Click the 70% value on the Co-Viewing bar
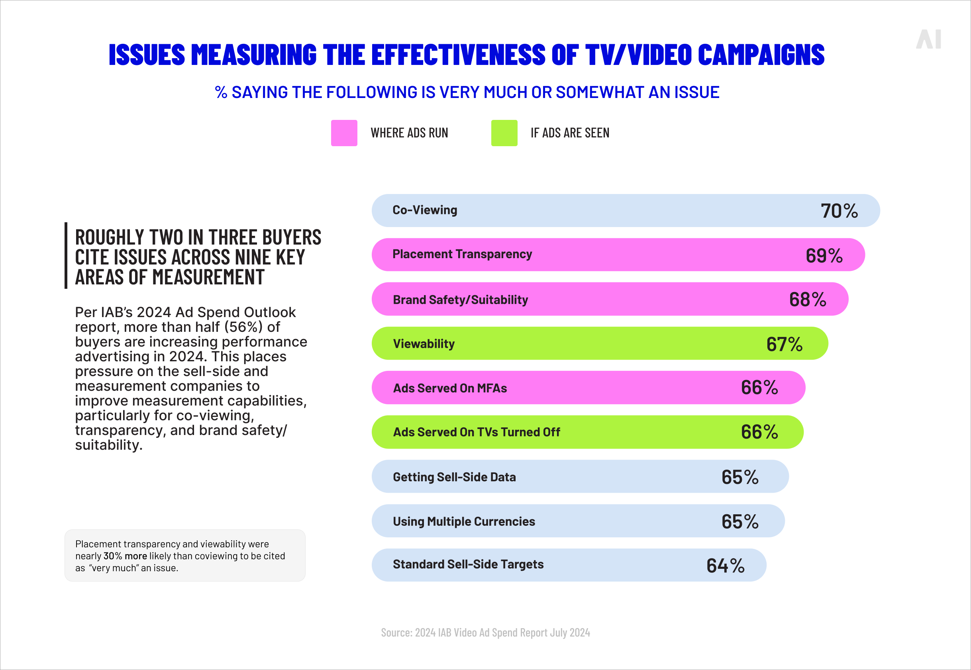tap(839, 211)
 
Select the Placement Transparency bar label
tap(462, 255)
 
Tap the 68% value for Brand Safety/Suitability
tap(807, 299)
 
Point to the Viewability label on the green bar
tap(424, 344)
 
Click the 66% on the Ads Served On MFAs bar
tap(759, 388)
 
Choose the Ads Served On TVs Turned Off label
tap(476, 432)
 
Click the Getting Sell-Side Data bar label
tap(454, 477)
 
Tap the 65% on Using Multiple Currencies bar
tap(740, 521)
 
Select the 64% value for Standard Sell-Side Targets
tap(725, 566)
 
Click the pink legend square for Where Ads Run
tap(344, 133)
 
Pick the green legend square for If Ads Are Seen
tap(504, 133)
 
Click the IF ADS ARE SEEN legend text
tap(570, 133)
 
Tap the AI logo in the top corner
tap(928, 39)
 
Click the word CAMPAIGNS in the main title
tap(761, 55)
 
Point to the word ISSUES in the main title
tap(147, 55)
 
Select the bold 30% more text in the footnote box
tap(125, 556)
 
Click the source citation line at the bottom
tap(485, 633)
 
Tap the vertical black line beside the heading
tap(66, 255)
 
